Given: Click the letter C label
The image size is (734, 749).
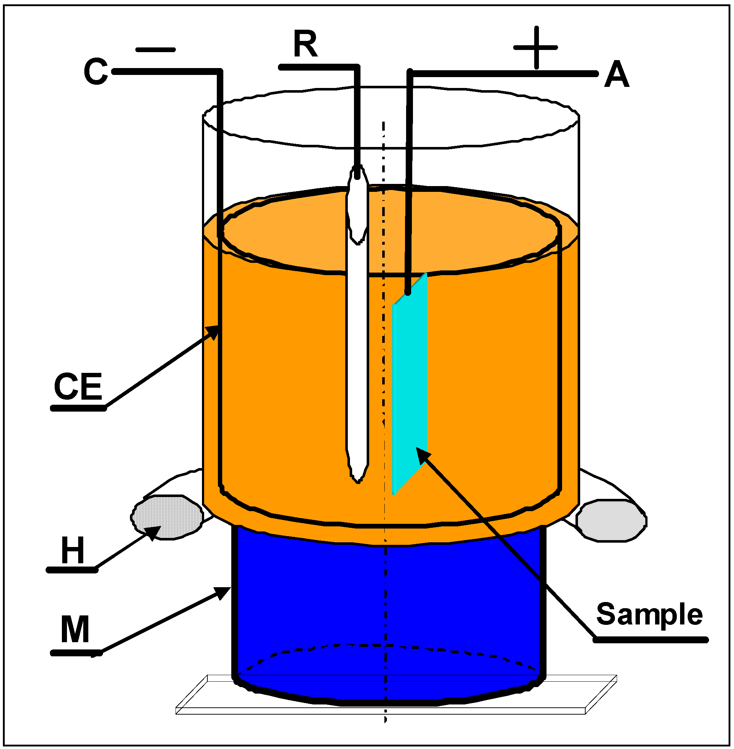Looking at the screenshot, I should pyautogui.click(x=96, y=71).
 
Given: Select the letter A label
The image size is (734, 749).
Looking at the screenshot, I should pyautogui.click(x=616, y=75).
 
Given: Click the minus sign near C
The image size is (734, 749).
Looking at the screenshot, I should pyautogui.click(x=155, y=50).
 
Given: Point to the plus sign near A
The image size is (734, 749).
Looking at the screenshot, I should pyautogui.click(x=536, y=48).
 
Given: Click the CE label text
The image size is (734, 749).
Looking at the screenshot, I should pyautogui.click(x=78, y=386).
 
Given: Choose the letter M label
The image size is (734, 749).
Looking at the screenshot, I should pyautogui.click(x=75, y=630).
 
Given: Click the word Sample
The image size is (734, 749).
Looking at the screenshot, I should pyautogui.click(x=650, y=614).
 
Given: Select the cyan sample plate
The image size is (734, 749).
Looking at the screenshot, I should pyautogui.click(x=409, y=386).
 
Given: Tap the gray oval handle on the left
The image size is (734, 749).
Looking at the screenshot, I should pyautogui.click(x=167, y=517).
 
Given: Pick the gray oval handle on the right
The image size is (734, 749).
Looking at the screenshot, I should pyautogui.click(x=611, y=521).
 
